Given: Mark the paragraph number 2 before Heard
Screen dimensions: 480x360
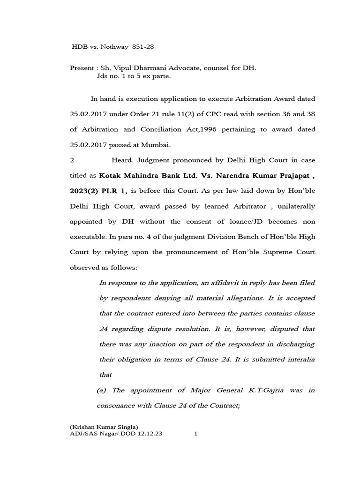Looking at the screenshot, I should tap(72, 160).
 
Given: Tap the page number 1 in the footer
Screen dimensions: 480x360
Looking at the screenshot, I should tap(196, 434).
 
